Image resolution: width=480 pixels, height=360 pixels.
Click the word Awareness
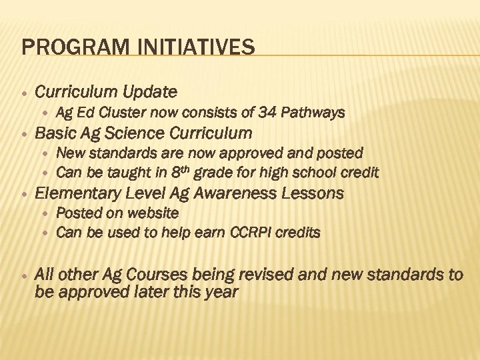[252, 193]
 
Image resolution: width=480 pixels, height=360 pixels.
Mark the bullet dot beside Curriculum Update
[23, 91]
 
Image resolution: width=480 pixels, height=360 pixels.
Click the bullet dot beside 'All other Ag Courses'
[23, 274]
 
